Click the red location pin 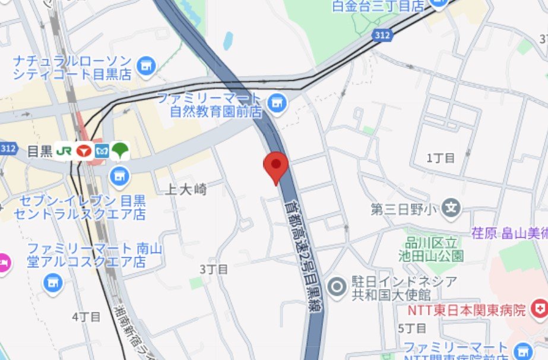click(276, 165)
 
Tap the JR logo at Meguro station click(64, 151)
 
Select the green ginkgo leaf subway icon click(121, 151)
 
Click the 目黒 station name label click(40, 151)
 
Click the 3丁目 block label click(214, 269)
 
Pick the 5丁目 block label click(413, 328)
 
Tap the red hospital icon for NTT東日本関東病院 click(539, 310)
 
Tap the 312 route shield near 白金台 click(383, 36)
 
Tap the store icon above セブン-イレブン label click(120, 175)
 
